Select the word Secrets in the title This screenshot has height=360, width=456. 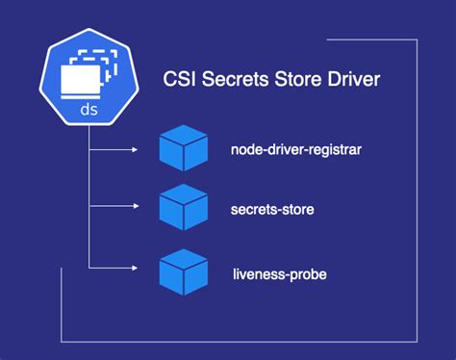click(236, 77)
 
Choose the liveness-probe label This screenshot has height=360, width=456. click(279, 274)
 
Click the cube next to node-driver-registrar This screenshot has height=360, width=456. click(183, 149)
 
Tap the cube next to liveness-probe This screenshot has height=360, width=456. click(183, 270)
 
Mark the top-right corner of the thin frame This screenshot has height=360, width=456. click(417, 41)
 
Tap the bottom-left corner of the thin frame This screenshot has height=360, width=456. click(62, 340)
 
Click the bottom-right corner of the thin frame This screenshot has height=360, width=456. click(417, 340)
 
